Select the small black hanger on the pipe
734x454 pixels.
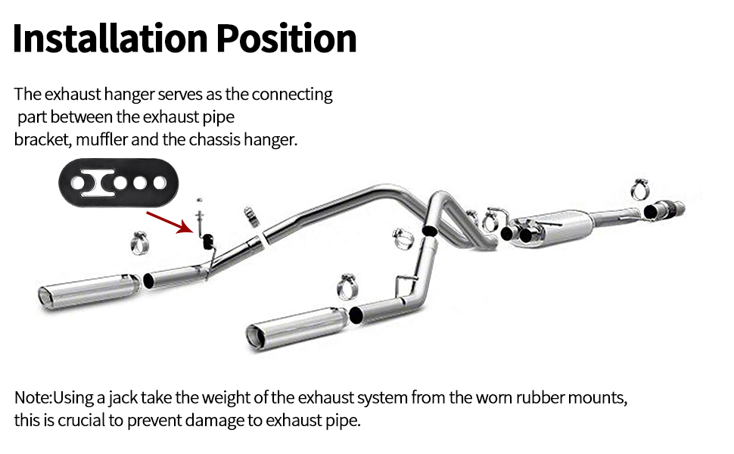tap(207, 241)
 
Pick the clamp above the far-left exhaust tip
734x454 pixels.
tap(142, 242)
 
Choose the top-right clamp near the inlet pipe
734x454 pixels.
tap(640, 187)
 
